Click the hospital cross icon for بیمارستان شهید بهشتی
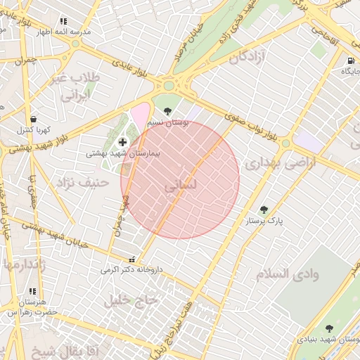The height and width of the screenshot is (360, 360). click(123, 142)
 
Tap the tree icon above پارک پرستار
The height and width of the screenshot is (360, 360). click(264, 209)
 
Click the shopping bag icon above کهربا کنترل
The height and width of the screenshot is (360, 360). click(33, 119)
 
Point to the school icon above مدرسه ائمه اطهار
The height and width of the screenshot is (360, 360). click(64, 22)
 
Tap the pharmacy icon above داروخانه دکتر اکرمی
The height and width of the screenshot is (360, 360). click(132, 259)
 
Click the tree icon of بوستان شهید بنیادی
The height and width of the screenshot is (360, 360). click(330, 328)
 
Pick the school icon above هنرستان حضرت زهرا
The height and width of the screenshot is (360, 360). click(32, 290)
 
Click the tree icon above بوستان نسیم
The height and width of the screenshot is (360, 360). click(167, 111)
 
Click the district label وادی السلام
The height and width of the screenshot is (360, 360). click(288, 274)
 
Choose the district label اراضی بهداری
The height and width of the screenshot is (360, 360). click(281, 163)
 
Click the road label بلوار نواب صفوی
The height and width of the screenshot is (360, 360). click(252, 124)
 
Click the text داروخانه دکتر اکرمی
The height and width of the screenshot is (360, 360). click(131, 269)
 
